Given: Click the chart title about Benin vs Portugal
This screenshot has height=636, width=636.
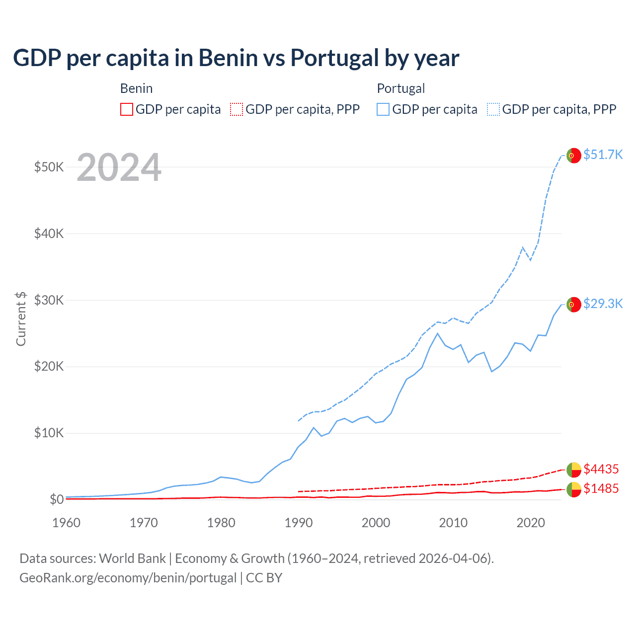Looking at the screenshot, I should [236, 58].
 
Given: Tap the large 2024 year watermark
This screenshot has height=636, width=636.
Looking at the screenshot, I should [119, 167].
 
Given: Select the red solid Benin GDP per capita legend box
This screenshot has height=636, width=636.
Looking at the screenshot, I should [127, 109].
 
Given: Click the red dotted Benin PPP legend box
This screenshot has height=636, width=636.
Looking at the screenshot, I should [237, 109].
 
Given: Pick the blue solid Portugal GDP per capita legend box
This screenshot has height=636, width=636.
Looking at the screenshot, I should [383, 109].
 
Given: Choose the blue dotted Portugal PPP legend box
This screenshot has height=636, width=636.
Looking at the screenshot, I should [493, 109].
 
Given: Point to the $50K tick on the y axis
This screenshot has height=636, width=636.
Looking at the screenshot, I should [49, 167].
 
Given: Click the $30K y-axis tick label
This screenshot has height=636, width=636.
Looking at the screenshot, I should [49, 300].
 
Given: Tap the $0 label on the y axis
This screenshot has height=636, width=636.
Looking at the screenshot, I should [57, 499].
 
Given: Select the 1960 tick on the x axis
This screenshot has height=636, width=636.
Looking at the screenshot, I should [66, 523].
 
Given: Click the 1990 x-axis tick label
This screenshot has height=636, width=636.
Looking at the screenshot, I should [299, 523].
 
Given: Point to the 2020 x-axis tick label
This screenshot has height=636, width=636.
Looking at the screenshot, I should [531, 523].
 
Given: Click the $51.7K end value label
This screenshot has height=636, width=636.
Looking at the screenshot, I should [603, 155].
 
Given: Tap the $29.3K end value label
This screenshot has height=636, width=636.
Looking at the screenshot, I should [603, 304].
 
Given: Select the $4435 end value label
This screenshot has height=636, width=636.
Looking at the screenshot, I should [601, 469].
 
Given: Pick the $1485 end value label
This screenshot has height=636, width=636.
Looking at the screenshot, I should [601, 488].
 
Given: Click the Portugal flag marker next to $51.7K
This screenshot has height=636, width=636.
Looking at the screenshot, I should [574, 156].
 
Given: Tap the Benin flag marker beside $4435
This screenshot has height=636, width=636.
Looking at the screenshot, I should [574, 470].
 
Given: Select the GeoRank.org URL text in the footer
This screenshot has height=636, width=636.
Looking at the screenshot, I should [128, 578].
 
